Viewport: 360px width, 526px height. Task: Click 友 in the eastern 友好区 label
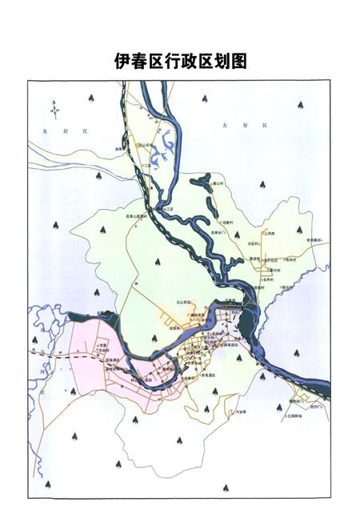(225, 126)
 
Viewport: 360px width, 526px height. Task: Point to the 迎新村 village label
(229, 222)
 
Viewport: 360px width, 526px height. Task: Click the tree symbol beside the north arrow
(91, 98)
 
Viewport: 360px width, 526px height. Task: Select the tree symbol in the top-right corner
(300, 105)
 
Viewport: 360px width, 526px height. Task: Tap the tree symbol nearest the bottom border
(226, 486)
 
